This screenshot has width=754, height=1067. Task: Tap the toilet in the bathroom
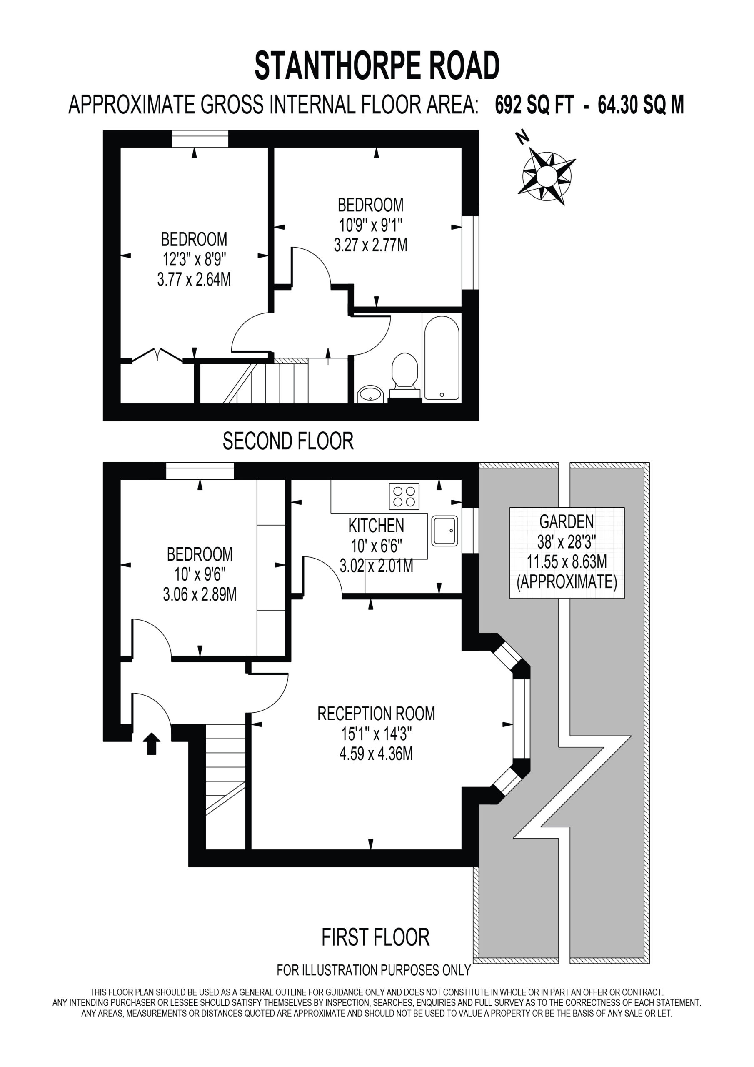pyautogui.click(x=404, y=376)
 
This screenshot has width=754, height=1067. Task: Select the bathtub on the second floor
pyautogui.click(x=442, y=358)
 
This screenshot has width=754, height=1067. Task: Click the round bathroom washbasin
pyautogui.click(x=370, y=394)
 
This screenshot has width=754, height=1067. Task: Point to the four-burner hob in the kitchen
pyautogui.click(x=404, y=496)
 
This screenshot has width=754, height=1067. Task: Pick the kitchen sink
pyautogui.click(x=444, y=530)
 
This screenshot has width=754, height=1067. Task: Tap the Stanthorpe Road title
pyautogui.click(x=377, y=65)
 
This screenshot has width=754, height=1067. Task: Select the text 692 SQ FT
pyautogui.click(x=534, y=105)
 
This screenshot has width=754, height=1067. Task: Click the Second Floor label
pyautogui.click(x=288, y=441)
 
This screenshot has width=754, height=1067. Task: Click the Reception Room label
pyautogui.click(x=376, y=713)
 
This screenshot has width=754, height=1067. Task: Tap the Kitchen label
pyautogui.click(x=376, y=526)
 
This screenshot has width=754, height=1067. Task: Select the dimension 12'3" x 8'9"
pyautogui.click(x=194, y=259)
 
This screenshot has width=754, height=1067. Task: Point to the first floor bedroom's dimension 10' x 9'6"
pyautogui.click(x=200, y=574)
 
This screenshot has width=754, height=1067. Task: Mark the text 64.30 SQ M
pyautogui.click(x=641, y=105)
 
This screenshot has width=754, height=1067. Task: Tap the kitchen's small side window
pyautogui.click(x=470, y=531)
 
